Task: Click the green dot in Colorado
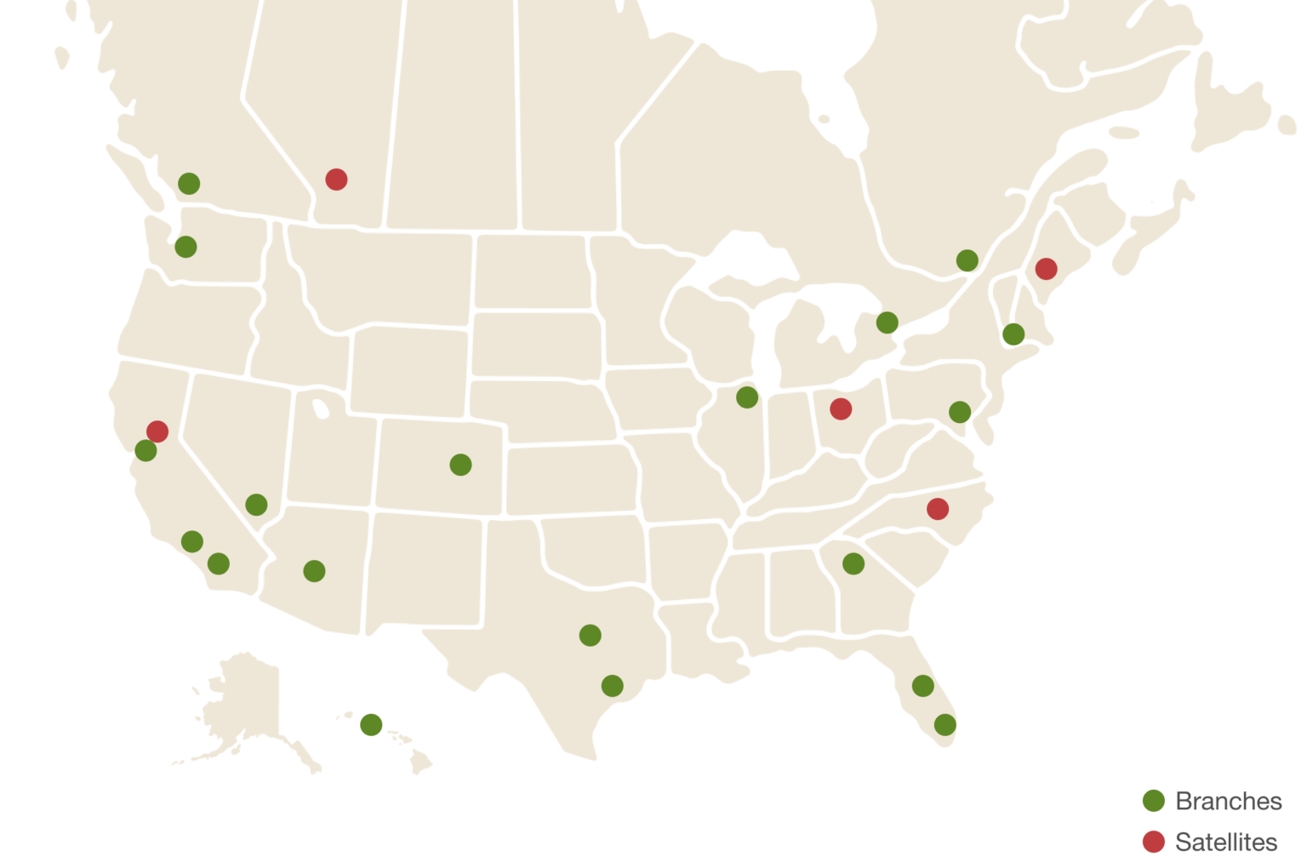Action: [x=460, y=465]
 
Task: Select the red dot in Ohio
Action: [x=841, y=409]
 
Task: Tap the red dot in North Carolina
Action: [x=938, y=509]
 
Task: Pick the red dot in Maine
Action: [x=1046, y=269]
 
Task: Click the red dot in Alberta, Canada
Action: [x=336, y=180]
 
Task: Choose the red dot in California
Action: [x=157, y=431]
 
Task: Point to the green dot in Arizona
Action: [x=314, y=571]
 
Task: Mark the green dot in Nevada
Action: [x=256, y=505]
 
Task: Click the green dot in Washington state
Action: [x=185, y=247]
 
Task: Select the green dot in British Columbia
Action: [x=189, y=183]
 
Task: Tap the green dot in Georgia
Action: [x=853, y=563]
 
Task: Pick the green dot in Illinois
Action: [x=747, y=397]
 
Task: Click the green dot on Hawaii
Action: [x=371, y=724]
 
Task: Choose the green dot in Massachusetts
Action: [x=1013, y=334]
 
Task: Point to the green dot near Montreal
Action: [x=967, y=260]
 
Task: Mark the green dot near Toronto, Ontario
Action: [x=887, y=323]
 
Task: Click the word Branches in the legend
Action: [x=1228, y=801]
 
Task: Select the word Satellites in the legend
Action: [x=1226, y=842]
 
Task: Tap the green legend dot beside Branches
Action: [x=1153, y=801]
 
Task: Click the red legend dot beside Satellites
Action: [x=1153, y=842]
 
